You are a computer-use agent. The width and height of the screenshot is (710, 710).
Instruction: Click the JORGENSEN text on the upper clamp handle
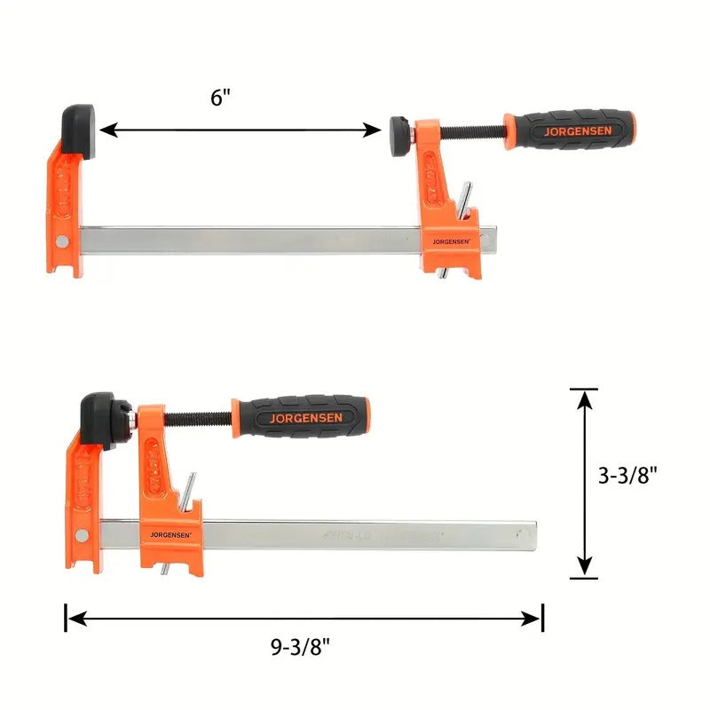[x=572, y=130]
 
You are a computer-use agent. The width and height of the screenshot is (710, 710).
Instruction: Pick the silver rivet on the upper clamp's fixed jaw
[x=60, y=241]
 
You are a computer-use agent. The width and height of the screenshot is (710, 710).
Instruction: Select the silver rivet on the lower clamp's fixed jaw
[x=82, y=534]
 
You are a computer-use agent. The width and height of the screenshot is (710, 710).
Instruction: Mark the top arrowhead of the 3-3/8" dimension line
[x=584, y=398]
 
